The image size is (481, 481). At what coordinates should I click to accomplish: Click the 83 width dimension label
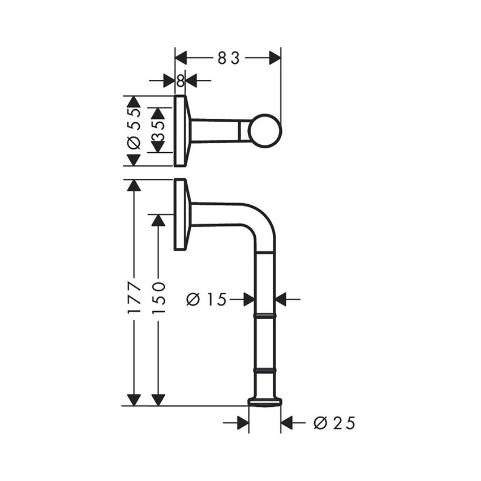[x=229, y=58]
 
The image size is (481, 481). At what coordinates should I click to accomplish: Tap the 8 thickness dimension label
[x=180, y=81]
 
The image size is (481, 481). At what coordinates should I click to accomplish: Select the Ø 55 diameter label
[x=133, y=131]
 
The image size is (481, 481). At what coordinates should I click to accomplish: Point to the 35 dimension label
[x=158, y=131]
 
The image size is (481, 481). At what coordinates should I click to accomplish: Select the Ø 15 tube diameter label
[x=207, y=299]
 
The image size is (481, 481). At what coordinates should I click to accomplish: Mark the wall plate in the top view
[x=180, y=131]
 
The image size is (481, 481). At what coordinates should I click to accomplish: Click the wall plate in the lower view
[x=180, y=214]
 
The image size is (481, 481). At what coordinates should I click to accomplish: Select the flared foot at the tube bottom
[x=265, y=402]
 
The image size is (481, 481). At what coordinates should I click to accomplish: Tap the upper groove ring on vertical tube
[x=265, y=313]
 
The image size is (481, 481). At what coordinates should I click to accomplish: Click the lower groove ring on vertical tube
[x=265, y=370]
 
